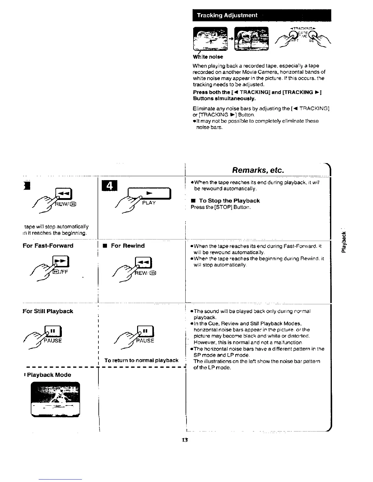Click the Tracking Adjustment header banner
(x=261, y=15)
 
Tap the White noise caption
(x=208, y=57)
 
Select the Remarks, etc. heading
(x=258, y=169)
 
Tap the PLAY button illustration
(x=149, y=194)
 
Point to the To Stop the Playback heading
(x=229, y=201)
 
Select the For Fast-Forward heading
(x=48, y=246)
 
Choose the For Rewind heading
(x=128, y=246)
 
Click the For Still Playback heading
(x=48, y=311)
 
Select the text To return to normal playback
(x=141, y=360)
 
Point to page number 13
(x=184, y=440)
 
